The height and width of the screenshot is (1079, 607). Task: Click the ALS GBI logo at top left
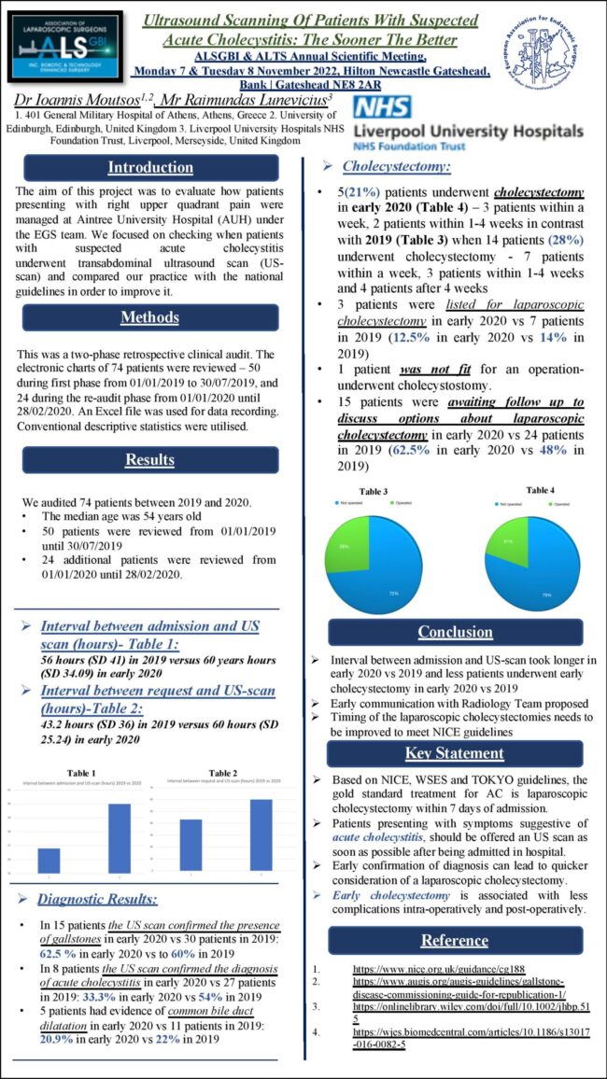[63, 44]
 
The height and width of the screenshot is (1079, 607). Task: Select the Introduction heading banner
[150, 168]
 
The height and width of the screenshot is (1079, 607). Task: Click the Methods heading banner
[150, 318]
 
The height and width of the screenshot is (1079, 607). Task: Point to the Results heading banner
[150, 459]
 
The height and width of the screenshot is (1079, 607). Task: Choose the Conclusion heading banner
[455, 632]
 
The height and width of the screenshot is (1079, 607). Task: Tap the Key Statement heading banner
[455, 753]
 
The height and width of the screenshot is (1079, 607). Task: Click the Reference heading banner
[455, 940]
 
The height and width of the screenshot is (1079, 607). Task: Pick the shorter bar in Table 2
[191, 845]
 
